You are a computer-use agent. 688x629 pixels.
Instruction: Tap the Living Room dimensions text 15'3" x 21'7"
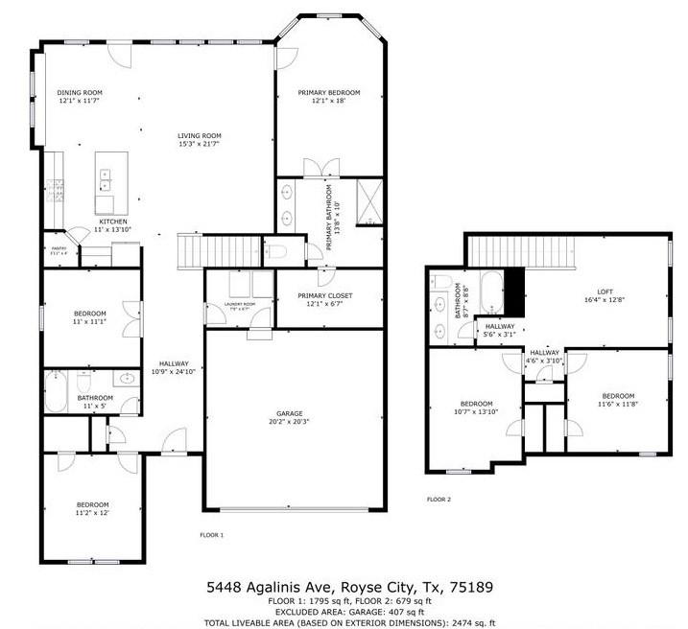[199, 144]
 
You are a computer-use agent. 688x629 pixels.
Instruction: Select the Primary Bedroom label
[328, 92]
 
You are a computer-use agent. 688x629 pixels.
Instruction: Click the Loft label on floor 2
[605, 291]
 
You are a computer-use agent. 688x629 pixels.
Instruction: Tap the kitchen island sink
[105, 177]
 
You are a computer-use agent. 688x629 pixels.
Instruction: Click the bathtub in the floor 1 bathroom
[57, 390]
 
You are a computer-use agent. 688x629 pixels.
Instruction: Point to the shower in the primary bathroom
[366, 201]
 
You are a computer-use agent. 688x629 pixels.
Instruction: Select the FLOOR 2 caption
[439, 500]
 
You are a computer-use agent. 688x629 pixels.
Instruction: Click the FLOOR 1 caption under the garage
[211, 534]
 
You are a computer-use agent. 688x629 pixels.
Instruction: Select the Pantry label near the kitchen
[59, 247]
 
